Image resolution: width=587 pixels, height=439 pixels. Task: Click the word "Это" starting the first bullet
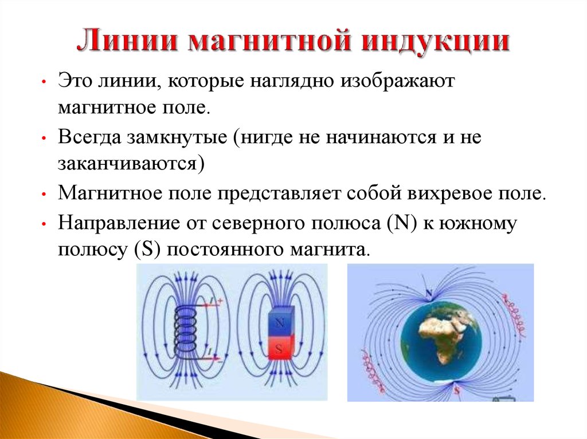pos(75,81)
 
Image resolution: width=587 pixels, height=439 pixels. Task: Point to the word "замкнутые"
pos(177,137)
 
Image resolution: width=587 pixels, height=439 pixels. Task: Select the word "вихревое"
pos(449,193)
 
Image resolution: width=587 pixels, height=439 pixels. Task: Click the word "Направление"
pos(119,224)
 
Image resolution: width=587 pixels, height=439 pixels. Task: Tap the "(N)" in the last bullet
pos(402,223)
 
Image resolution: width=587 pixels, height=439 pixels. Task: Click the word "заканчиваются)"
pos(131,164)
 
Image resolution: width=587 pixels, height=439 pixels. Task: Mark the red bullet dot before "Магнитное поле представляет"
pos(44,194)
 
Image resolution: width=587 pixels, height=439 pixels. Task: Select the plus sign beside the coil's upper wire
pos(220,300)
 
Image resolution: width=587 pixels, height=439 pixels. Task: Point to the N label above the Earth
pos(429,293)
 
